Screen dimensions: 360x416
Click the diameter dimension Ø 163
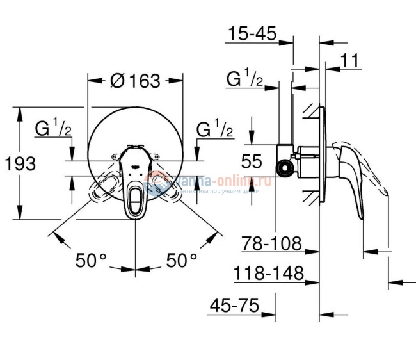point(135,81)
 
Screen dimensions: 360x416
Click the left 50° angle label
point(91,260)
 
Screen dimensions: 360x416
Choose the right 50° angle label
point(181,260)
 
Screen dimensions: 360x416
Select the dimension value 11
point(349,61)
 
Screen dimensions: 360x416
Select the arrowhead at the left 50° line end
point(59,238)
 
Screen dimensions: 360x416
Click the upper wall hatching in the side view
point(311,110)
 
